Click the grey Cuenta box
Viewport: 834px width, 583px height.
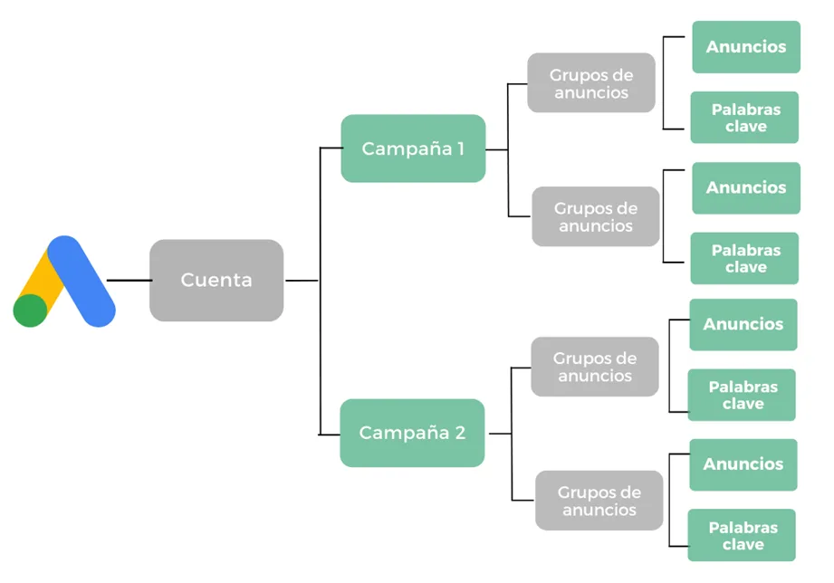click(x=216, y=280)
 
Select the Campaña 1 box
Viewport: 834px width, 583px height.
click(x=413, y=148)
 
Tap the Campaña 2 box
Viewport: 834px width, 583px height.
click(x=412, y=433)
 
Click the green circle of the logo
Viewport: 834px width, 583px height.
click(x=30, y=310)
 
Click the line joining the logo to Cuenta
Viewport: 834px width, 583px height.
click(x=129, y=281)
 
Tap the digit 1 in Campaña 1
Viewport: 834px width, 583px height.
click(x=460, y=148)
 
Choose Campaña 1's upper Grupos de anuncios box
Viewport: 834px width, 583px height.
click(x=591, y=83)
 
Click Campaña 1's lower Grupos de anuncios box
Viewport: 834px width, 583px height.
click(x=595, y=217)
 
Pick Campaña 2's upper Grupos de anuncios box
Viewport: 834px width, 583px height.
click(x=594, y=367)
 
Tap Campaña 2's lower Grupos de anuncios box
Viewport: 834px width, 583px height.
click(x=599, y=501)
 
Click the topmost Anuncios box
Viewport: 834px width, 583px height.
click(x=746, y=47)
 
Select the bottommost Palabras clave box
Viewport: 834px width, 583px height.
click(x=743, y=535)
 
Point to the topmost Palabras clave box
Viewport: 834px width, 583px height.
click(x=745, y=118)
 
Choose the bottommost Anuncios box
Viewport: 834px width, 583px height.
click(x=743, y=464)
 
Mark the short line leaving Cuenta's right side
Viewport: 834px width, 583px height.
click(x=302, y=281)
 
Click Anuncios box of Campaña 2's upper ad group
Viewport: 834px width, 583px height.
click(x=743, y=324)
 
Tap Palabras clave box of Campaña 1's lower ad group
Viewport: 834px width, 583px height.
click(x=745, y=258)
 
